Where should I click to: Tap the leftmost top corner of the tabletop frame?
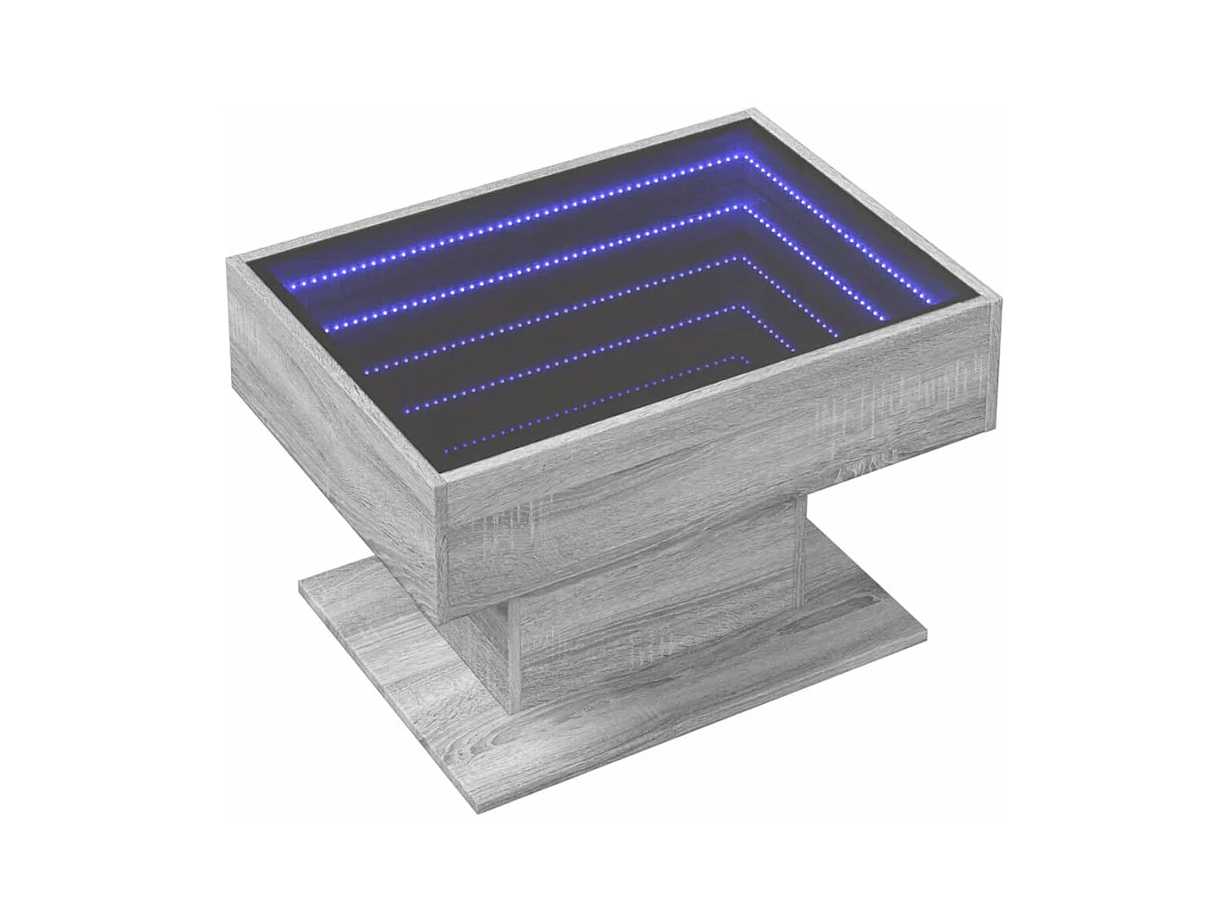228,255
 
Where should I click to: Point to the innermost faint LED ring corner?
746,356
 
